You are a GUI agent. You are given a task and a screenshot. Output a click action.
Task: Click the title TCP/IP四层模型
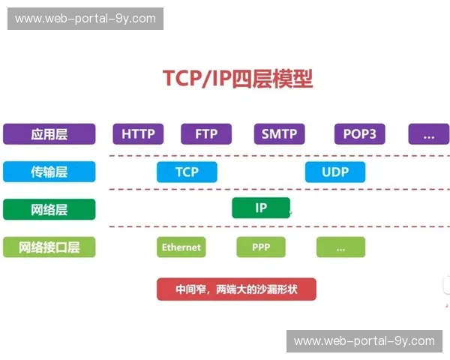[x=238, y=79]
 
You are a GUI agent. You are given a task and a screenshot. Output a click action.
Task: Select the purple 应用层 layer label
[x=49, y=134]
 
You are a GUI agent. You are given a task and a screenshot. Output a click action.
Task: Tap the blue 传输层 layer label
[x=49, y=172]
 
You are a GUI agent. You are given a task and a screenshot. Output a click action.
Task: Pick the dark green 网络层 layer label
[x=49, y=209]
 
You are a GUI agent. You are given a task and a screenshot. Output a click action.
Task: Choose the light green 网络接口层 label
[x=49, y=247]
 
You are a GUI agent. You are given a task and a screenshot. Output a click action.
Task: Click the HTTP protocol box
[x=138, y=134]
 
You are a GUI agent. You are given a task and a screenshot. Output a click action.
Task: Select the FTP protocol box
[x=206, y=134]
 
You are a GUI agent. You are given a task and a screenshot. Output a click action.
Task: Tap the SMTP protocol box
[x=279, y=134]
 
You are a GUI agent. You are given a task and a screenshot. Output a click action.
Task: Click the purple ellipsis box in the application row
[x=428, y=134]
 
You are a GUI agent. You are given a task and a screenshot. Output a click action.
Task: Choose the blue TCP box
[x=187, y=172]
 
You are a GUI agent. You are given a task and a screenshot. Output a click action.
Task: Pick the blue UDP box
[x=335, y=172]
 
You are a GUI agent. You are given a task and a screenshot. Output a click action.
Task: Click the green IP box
[x=261, y=208]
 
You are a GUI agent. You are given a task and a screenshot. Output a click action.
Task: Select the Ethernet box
[x=181, y=247]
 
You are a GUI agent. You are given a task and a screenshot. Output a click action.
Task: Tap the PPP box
[x=261, y=247]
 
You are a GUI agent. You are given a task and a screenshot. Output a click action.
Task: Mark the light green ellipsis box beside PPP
[x=340, y=247]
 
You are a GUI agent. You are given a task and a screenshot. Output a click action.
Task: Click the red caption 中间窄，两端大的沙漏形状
[x=236, y=289]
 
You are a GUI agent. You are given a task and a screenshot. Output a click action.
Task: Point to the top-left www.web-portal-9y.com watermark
[x=85, y=18]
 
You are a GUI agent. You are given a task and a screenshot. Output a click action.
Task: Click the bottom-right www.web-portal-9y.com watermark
[x=364, y=341]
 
